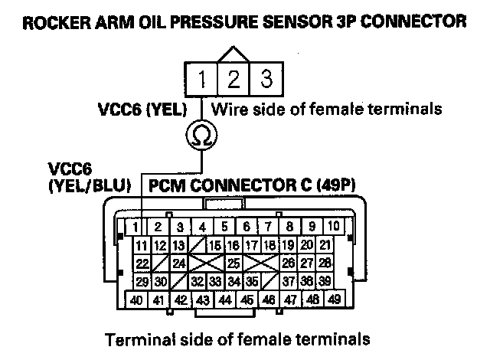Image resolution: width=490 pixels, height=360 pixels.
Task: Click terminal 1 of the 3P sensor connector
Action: click(x=201, y=79)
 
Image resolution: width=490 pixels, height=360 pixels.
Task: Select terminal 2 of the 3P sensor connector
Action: click(x=233, y=79)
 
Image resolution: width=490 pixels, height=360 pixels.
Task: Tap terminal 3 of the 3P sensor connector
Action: click(x=265, y=79)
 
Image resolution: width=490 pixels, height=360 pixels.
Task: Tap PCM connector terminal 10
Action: click(x=335, y=227)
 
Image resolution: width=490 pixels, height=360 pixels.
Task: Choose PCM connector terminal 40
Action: click(x=136, y=299)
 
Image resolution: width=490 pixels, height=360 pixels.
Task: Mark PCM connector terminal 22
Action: click(x=142, y=263)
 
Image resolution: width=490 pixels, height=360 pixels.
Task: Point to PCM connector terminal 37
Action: click(x=289, y=281)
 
